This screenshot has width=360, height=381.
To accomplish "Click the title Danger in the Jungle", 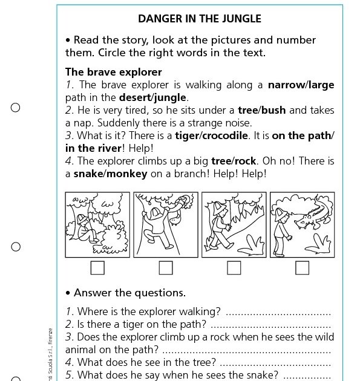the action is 200,19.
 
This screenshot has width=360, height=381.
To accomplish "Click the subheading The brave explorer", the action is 114,72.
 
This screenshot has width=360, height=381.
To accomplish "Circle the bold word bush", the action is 273,110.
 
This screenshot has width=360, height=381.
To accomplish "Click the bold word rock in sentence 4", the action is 246,161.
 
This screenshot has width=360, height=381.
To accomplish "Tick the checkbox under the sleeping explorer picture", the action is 97,267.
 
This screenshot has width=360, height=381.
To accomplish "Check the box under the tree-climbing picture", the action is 166,267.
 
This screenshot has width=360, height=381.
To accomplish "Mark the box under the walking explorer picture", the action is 234,267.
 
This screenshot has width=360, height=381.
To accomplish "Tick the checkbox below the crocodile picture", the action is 302,267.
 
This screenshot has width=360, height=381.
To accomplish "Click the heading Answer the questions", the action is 129,293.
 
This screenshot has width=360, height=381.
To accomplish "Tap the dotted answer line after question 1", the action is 278,313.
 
